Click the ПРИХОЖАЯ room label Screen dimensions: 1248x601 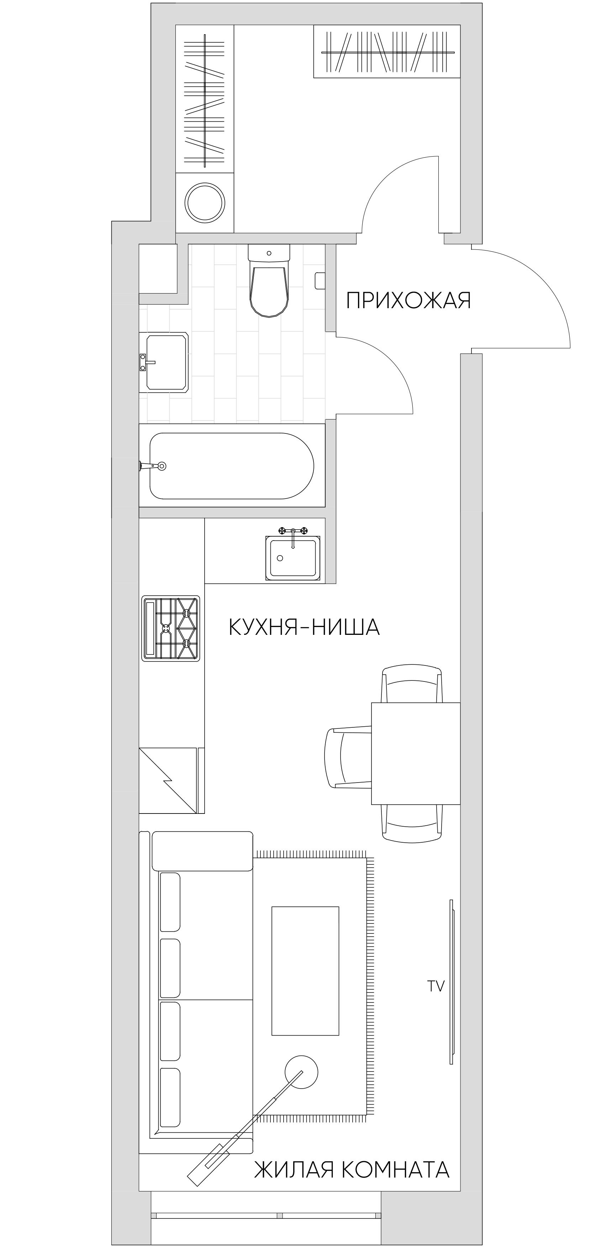408,300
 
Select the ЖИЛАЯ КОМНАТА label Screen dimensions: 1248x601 352,1169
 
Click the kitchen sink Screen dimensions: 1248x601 292,558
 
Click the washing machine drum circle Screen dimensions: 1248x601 205,202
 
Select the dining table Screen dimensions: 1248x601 415,753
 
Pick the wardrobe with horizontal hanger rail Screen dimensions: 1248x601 386,51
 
